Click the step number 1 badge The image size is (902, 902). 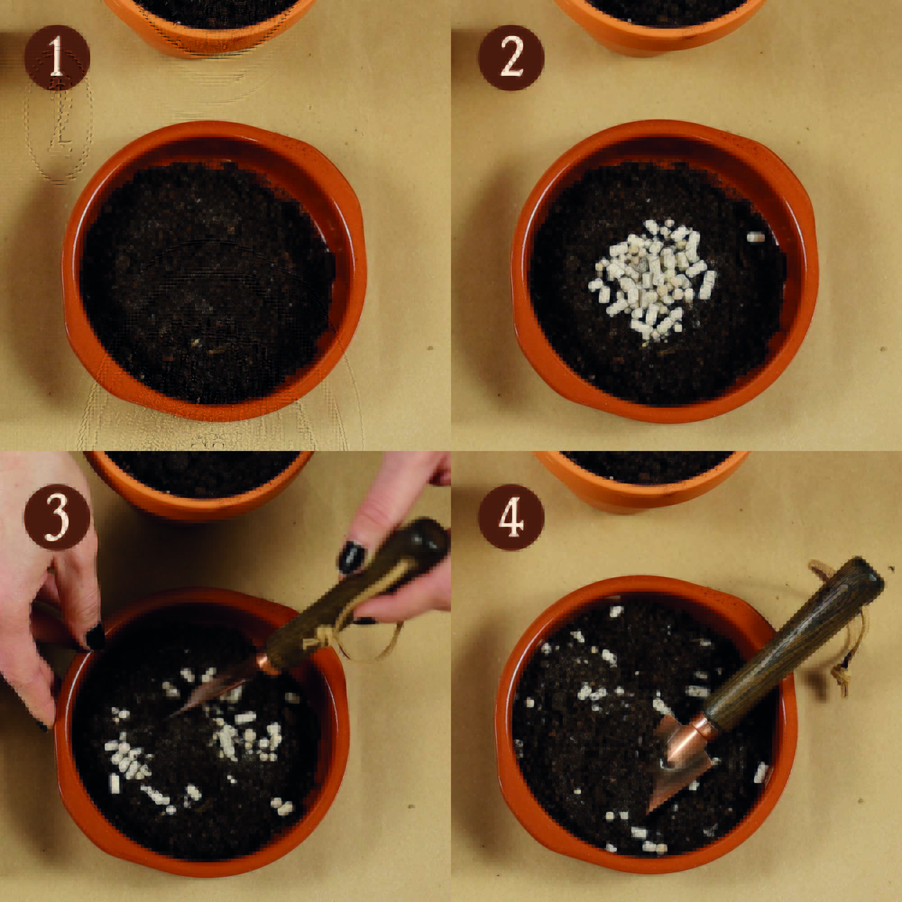click(x=57, y=57)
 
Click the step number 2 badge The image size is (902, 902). click(x=511, y=57)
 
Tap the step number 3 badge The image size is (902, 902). click(x=57, y=517)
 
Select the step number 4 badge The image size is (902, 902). click(x=511, y=517)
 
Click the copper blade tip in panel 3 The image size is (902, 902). click(x=169, y=718)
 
